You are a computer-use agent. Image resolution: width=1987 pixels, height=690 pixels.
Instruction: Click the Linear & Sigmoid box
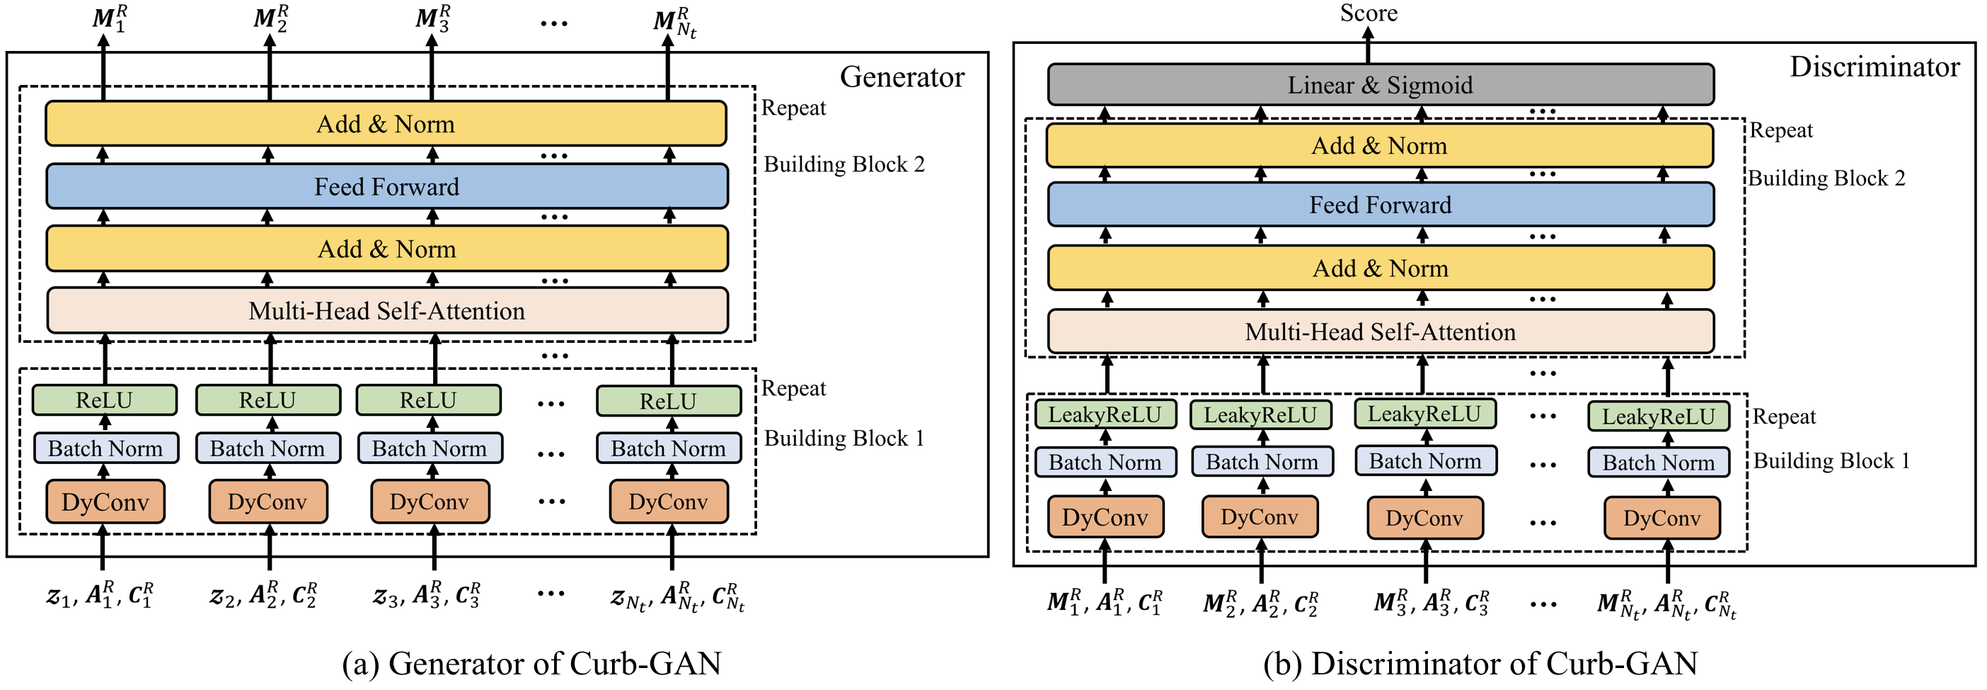point(1381,85)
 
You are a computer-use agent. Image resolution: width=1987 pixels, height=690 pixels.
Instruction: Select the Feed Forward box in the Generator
point(386,186)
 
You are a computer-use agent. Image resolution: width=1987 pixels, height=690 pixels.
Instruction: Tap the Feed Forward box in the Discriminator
point(1381,205)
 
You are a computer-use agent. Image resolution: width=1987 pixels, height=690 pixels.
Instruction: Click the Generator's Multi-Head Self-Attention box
point(386,310)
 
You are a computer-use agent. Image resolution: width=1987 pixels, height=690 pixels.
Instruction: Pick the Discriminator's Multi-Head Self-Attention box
point(1381,332)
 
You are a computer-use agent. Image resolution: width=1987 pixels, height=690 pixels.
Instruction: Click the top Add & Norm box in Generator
point(386,123)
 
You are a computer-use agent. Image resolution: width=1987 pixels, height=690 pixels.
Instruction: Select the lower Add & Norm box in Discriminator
point(1381,268)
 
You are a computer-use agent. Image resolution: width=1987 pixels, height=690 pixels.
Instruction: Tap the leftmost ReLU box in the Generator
point(104,400)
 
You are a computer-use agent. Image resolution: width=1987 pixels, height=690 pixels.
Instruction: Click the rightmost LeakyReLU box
point(1659,417)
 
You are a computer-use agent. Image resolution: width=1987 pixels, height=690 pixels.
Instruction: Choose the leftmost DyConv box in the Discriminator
point(1105,517)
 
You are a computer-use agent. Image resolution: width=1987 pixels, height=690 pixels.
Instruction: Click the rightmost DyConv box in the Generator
point(668,502)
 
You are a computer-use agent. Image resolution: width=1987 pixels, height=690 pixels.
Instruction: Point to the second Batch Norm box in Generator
point(267,448)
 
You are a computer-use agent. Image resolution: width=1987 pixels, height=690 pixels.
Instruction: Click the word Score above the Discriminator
point(1369,13)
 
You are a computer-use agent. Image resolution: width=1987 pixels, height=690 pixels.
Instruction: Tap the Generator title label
point(902,77)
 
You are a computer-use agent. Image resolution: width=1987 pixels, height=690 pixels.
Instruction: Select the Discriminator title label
point(1874,67)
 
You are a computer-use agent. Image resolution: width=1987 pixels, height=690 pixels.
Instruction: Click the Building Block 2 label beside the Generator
point(844,164)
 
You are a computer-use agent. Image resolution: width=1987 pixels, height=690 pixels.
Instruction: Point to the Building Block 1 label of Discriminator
point(1832,460)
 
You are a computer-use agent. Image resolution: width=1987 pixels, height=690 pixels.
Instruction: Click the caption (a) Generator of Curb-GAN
point(532,663)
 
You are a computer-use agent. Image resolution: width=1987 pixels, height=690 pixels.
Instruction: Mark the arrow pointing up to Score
point(1368,45)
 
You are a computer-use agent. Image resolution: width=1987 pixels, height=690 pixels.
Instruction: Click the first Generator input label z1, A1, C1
point(100,595)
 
